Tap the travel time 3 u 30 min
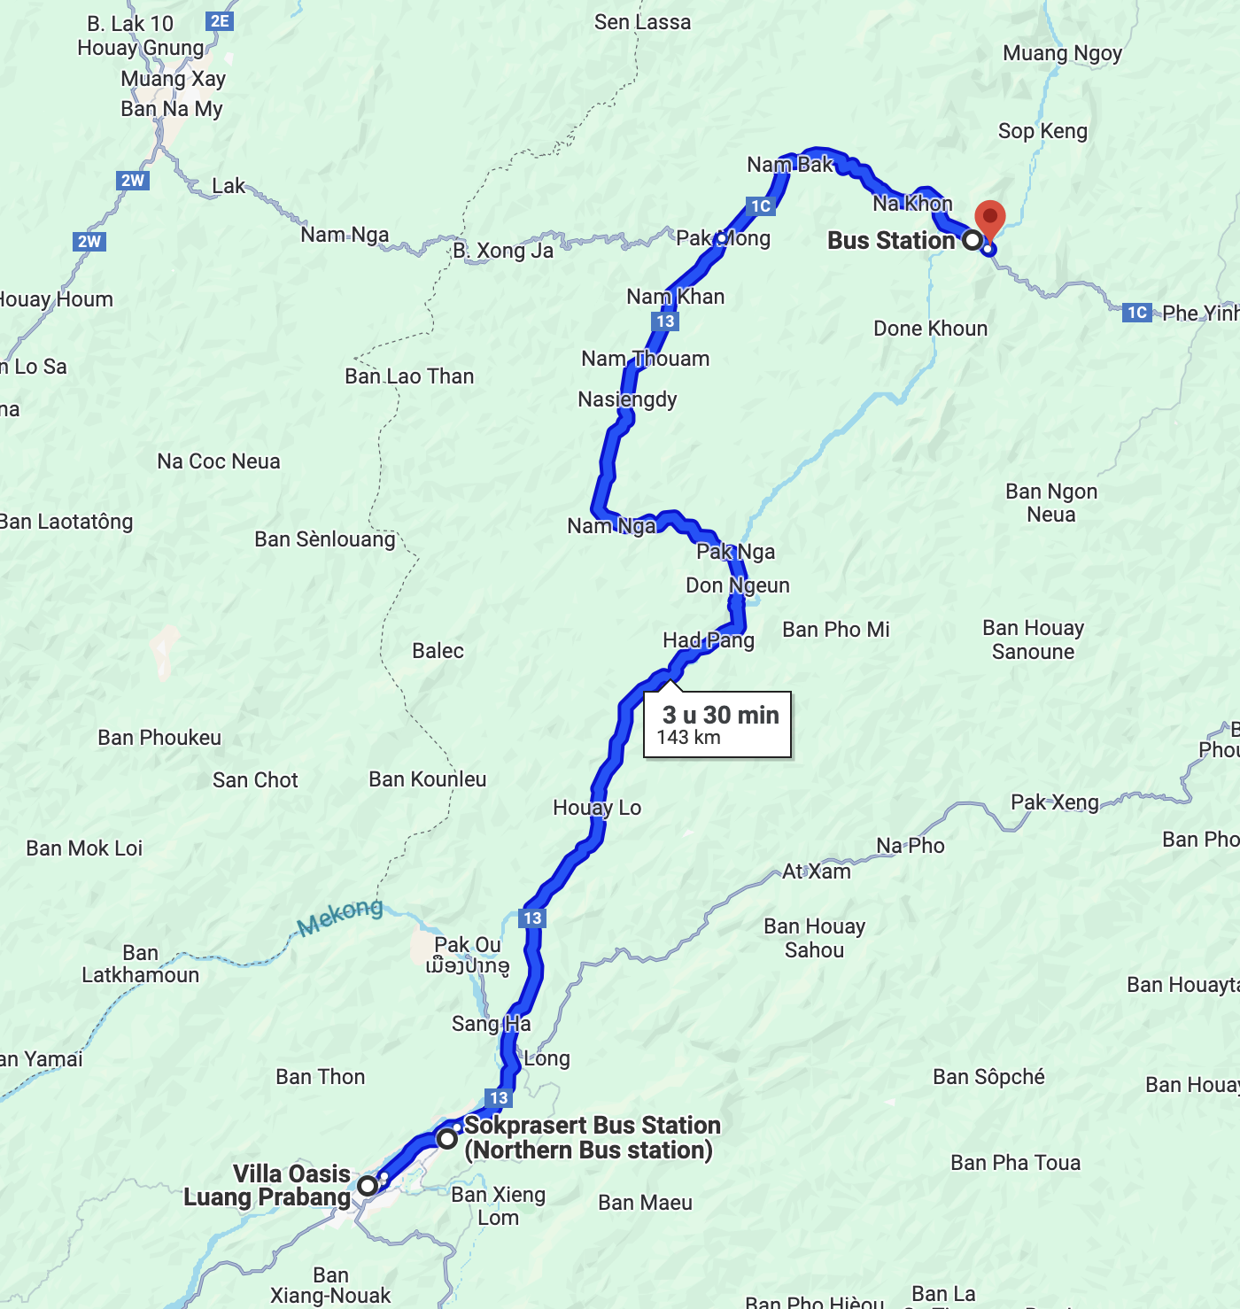click(720, 715)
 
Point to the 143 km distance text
click(688, 738)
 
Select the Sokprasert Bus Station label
click(592, 1137)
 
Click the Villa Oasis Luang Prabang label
click(267, 1185)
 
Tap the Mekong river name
click(340, 917)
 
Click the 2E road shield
click(220, 21)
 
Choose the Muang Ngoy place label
click(1062, 53)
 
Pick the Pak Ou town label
click(468, 945)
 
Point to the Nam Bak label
click(789, 165)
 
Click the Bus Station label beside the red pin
click(891, 240)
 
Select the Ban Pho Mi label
click(835, 630)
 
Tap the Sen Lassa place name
click(642, 22)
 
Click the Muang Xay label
click(174, 79)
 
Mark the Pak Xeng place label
click(1054, 802)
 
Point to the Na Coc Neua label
click(219, 461)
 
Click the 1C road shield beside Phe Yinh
click(1137, 312)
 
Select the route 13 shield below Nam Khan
click(665, 321)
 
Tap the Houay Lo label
click(597, 808)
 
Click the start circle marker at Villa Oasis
click(368, 1185)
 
